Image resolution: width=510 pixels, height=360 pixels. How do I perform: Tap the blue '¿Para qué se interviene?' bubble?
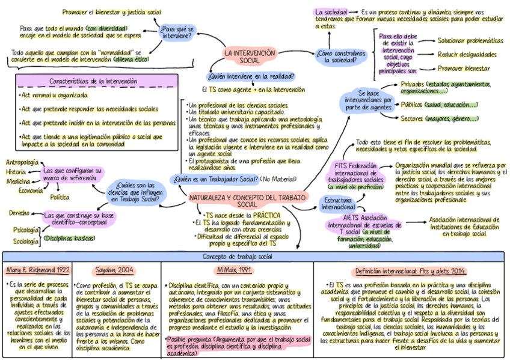click(177, 31)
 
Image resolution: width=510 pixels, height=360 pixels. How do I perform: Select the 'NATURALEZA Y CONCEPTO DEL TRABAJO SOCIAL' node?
click(247, 201)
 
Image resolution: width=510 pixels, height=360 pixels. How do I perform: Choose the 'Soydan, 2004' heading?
click(115, 270)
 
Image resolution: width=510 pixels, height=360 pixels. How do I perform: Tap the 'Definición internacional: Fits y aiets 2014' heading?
click(411, 271)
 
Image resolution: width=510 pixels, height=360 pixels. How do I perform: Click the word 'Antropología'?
click(22, 162)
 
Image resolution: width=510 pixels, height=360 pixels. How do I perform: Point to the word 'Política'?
click(60, 197)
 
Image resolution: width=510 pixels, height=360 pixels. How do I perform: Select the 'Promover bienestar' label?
click(464, 69)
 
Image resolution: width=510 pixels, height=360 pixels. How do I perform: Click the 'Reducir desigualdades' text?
click(467, 55)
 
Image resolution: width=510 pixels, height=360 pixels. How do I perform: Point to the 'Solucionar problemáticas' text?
click(470, 41)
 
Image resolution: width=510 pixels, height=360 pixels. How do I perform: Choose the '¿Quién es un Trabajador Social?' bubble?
click(214, 178)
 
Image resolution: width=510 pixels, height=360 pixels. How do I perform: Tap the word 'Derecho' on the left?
click(19, 213)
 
